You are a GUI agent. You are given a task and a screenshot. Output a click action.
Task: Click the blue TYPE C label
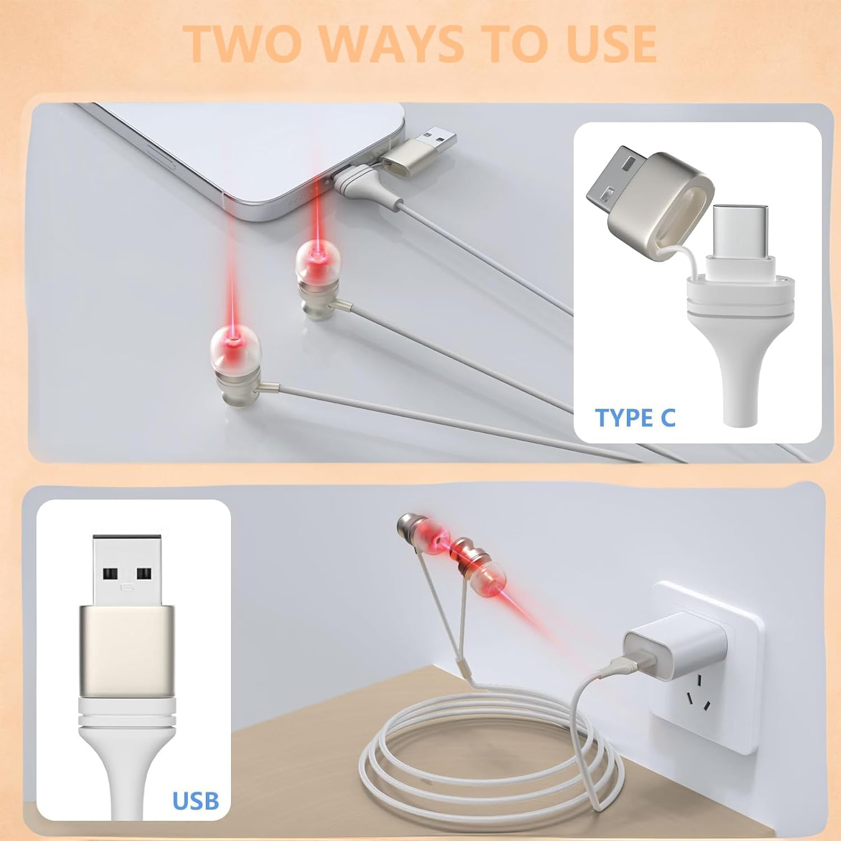coord(635,418)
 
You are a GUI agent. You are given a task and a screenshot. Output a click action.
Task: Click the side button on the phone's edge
coord(163,149)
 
